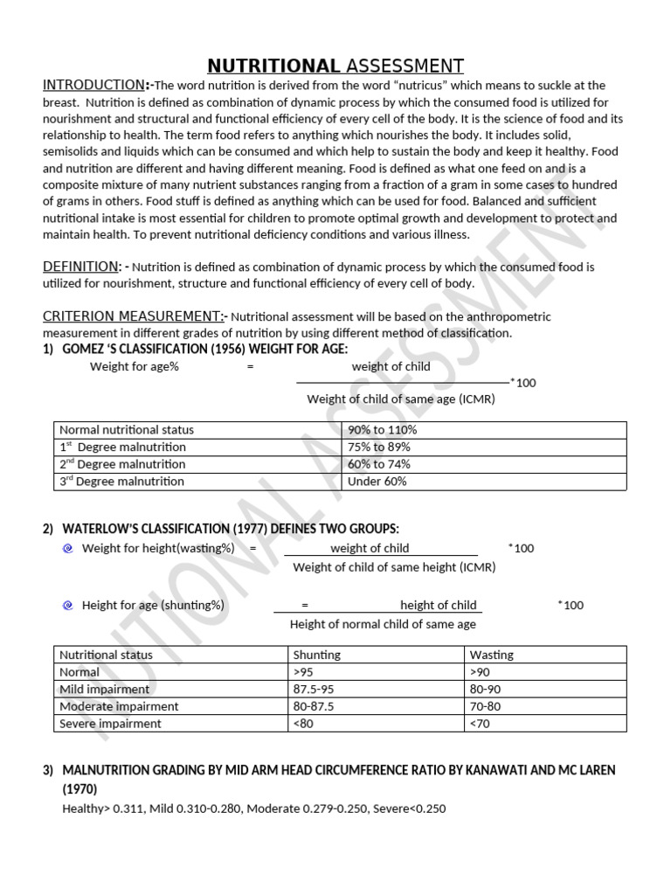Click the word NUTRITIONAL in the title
coord(273,66)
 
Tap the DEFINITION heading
coord(81,266)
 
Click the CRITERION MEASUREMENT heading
coord(135,316)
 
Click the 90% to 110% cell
coord(382,430)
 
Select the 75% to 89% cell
coord(378,447)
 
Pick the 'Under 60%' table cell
coord(377,481)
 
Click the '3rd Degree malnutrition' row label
coord(121,481)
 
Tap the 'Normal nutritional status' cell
coord(126,430)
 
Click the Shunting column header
coord(317,655)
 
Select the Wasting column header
coord(491,655)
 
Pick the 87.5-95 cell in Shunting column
coord(315,689)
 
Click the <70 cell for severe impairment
coord(481,724)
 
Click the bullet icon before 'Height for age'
coord(68,605)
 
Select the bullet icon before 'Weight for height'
coord(68,548)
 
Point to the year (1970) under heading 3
coord(80,788)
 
